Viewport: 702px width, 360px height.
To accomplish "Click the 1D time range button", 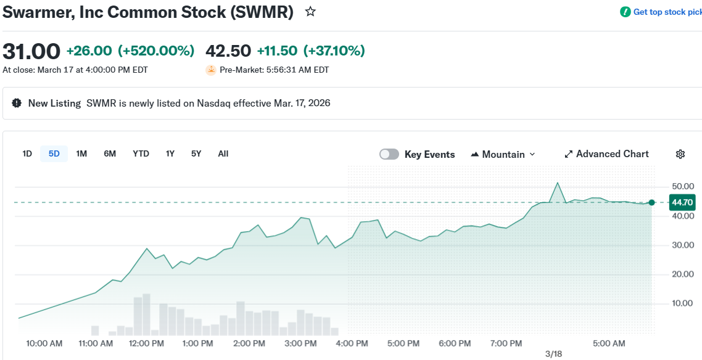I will pos(27,153).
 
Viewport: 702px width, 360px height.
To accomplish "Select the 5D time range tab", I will pos(54,153).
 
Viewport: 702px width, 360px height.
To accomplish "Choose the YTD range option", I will pos(141,153).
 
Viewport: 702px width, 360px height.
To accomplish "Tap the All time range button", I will pos(223,153).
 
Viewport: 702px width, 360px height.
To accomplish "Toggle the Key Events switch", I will pos(389,154).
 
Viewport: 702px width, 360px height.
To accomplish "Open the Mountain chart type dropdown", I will pos(503,154).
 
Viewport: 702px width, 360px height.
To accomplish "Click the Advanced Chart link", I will pos(606,154).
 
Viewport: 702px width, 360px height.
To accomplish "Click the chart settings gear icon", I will pos(680,154).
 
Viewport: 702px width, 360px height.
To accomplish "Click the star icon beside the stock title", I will pos(310,12).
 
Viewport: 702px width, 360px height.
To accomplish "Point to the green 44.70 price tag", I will pos(682,202).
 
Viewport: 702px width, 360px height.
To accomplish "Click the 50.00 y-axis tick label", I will pos(683,186).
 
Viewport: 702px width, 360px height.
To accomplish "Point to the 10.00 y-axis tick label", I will pos(683,303).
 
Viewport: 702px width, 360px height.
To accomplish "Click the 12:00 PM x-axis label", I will pos(146,343).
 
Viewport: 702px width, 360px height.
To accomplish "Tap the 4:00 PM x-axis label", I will pos(352,343).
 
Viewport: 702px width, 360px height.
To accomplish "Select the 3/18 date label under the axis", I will pos(553,354).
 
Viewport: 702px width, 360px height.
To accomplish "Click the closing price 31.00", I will pos(31,51).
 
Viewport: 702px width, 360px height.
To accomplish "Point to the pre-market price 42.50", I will pos(228,51).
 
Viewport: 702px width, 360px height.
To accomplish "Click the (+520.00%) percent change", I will pos(156,51).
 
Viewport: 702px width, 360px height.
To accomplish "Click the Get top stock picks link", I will pos(666,12).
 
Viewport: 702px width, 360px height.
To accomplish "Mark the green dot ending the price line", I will pos(651,202).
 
